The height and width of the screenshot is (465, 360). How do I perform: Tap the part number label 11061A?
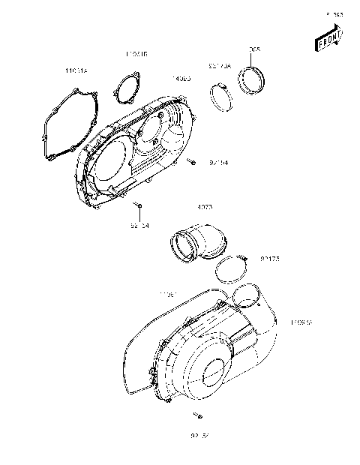(76, 70)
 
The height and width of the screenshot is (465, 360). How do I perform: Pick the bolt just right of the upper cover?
(193, 161)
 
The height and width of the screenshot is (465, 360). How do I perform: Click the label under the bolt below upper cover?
(140, 224)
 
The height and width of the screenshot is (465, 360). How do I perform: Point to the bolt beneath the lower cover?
(199, 415)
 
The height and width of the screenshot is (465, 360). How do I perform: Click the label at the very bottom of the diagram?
(199, 435)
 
